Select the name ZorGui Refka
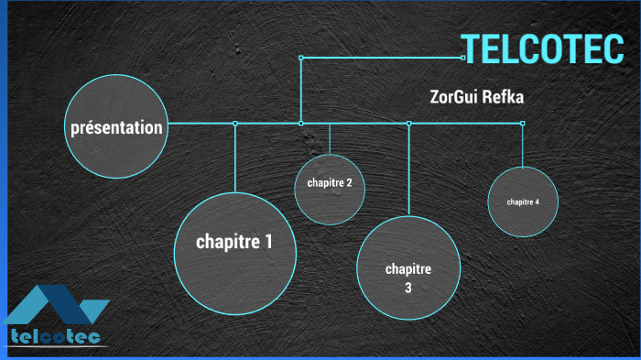[x=476, y=96]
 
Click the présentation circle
[x=117, y=127]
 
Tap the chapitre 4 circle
[x=523, y=202]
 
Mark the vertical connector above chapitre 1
[x=235, y=156]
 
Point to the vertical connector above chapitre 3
[x=408, y=169]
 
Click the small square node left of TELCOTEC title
[x=463, y=58]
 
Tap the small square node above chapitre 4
[x=523, y=123]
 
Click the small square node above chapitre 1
[x=235, y=123]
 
